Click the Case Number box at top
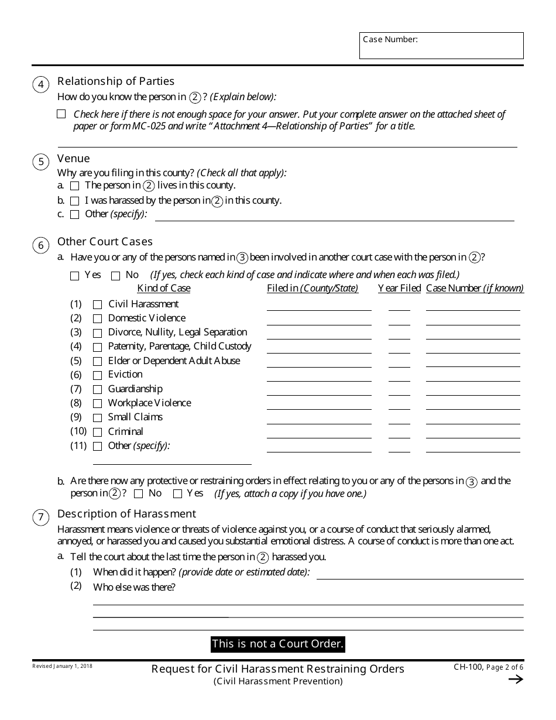pos(441,46)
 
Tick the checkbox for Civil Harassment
pos(97,304)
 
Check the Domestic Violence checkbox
pos(97,318)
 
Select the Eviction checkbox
pos(97,375)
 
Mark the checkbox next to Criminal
pos(97,432)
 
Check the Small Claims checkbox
pos(97,418)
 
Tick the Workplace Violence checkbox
pos(97,403)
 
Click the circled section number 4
pos(40,85)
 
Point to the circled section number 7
pos(40,517)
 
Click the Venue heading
pos(74,159)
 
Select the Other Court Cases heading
pos(105,241)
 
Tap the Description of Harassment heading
pos(126,513)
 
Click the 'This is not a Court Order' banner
pos(277,644)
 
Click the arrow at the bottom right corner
pos(515,679)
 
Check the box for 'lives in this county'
pos(74,186)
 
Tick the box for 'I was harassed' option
pos(74,201)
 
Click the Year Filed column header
pos(399,288)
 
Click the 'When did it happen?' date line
pos(420,575)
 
